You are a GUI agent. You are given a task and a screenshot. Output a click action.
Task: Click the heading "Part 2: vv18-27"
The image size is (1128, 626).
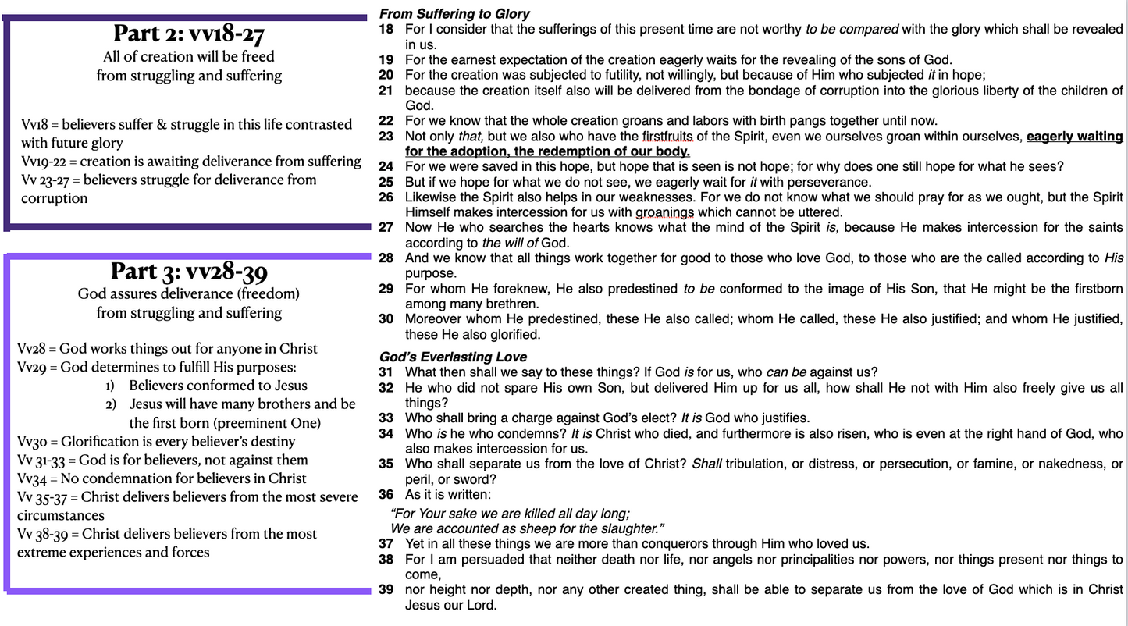(188, 34)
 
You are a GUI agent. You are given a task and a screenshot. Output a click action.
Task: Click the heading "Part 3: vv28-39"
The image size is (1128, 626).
(188, 271)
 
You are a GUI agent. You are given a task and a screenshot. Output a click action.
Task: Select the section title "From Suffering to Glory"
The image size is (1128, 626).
(454, 13)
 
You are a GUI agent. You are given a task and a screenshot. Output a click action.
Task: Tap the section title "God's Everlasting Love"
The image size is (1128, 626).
(453, 357)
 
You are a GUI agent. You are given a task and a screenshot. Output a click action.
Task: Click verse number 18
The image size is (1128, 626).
(386, 29)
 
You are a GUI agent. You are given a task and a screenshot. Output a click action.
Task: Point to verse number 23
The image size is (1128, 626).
(386, 136)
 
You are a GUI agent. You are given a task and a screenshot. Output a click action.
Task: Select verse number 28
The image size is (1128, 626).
(386, 258)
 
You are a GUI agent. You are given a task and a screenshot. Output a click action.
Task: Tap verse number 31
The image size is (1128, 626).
(386, 372)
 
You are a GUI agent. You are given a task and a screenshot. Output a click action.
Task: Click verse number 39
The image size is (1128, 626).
(386, 589)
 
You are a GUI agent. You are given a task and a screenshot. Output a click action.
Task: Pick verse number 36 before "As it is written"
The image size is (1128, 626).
(386, 494)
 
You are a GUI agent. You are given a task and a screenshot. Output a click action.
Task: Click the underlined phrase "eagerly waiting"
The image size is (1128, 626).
(1074, 136)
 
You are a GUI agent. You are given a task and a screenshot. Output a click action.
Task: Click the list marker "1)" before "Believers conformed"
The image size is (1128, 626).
(111, 386)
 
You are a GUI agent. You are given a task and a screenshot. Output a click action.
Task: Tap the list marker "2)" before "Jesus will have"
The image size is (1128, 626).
(111, 404)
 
